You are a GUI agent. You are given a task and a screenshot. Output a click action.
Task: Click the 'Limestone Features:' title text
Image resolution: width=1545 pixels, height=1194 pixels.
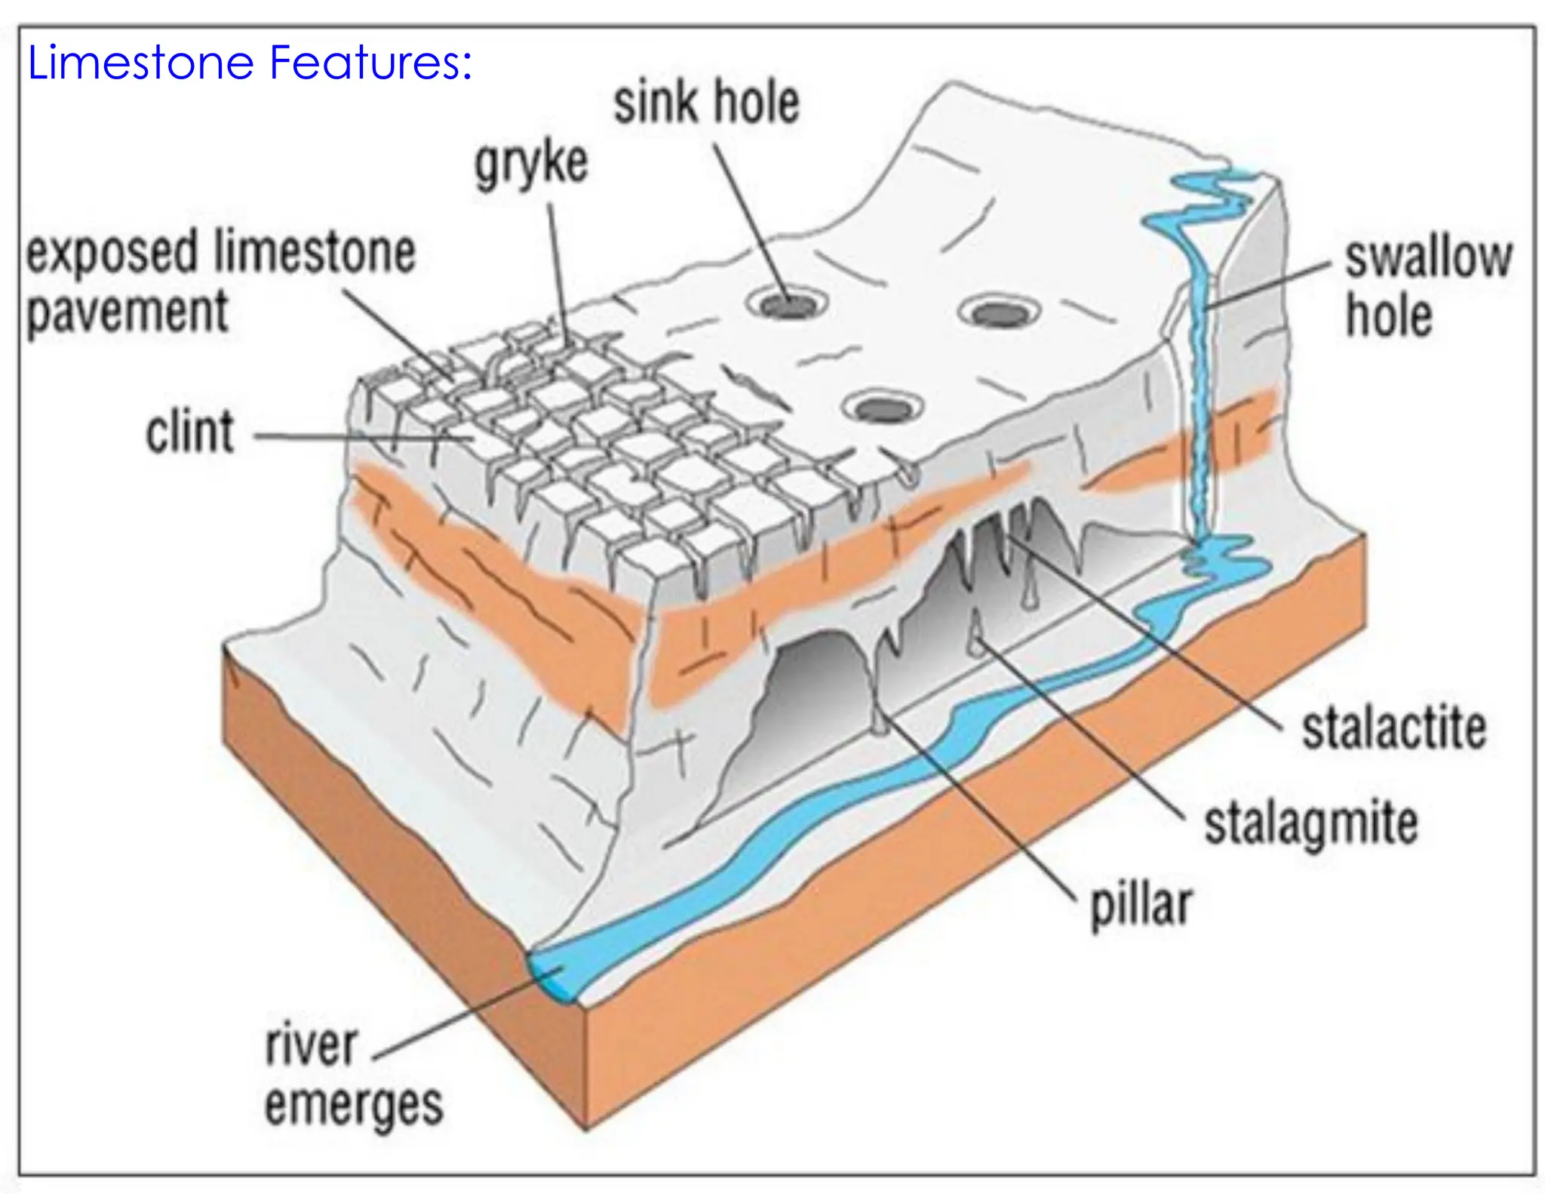click(250, 63)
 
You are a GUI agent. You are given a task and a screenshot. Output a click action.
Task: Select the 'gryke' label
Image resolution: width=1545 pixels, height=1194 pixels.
click(531, 164)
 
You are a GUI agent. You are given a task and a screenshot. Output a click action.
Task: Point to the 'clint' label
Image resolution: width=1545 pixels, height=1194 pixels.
click(190, 433)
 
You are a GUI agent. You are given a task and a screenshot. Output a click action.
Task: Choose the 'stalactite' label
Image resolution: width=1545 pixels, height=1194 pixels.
click(1394, 728)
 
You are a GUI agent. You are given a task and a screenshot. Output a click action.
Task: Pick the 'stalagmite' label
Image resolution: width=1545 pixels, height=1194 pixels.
click(1310, 823)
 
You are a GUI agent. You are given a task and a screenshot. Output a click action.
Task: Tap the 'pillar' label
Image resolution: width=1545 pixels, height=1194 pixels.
click(1141, 904)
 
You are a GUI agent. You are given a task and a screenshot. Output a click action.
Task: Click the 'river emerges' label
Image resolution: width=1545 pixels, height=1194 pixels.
click(353, 1076)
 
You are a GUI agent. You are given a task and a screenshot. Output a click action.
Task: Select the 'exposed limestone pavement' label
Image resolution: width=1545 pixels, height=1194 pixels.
click(220, 281)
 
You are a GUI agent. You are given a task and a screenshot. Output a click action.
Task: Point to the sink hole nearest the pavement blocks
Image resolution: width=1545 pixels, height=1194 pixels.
click(884, 410)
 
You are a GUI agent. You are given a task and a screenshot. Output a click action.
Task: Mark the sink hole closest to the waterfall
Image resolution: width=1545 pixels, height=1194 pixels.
click(999, 312)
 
